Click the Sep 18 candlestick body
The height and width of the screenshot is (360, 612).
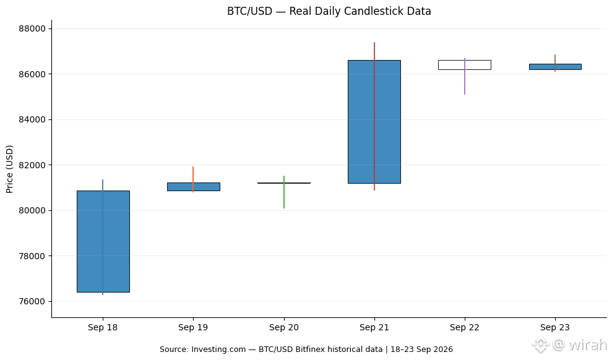[x=103, y=241]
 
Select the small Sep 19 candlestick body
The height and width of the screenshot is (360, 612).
[x=194, y=187]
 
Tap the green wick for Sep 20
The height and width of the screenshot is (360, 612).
[x=284, y=192]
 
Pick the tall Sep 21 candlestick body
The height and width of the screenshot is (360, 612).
[x=374, y=122]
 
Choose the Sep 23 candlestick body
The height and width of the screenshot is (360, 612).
[x=555, y=67]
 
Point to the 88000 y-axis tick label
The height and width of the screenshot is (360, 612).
[x=32, y=29]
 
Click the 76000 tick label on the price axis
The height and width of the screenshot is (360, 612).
[x=32, y=301]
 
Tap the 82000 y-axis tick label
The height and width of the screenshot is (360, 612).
[x=32, y=165]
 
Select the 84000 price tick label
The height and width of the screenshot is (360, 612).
[x=32, y=120]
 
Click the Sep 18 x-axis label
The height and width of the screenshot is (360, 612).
[x=103, y=327]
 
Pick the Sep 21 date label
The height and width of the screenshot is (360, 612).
[x=374, y=327]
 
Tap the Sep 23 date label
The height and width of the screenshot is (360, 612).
[x=555, y=327]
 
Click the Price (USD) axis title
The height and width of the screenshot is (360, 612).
[x=9, y=169]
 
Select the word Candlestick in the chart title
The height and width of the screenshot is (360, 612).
[x=378, y=11]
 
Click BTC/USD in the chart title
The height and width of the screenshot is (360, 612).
[x=250, y=11]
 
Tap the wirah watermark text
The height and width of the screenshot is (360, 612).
[x=588, y=345]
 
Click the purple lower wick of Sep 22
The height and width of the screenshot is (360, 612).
[x=465, y=82]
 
